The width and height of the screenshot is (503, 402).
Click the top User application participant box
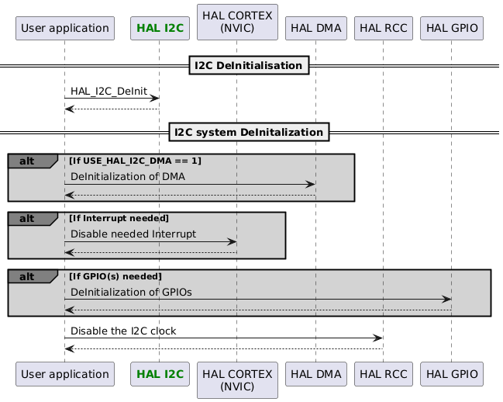pos(64,29)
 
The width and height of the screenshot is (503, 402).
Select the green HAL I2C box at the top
pos(158,29)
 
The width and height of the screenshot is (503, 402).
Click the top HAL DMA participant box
pos(315,29)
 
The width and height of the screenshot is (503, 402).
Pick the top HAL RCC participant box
pos(383,29)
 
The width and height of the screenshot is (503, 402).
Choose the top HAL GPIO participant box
pos(451,29)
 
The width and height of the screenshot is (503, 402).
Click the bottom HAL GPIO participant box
pos(451,374)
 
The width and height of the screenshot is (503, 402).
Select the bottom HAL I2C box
pos(158,374)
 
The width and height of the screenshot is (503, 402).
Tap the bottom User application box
pos(64,374)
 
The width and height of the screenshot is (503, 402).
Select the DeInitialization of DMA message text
pos(128,176)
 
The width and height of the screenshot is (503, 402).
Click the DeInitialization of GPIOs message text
pos(131,292)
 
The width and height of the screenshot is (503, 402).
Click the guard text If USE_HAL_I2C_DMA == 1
pos(135,161)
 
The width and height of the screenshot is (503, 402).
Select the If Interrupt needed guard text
pos(119,218)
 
